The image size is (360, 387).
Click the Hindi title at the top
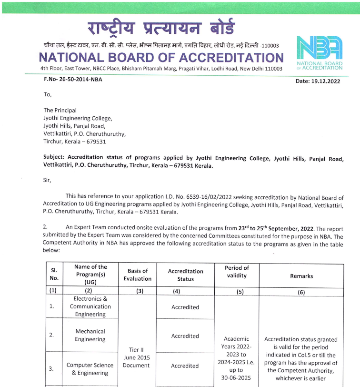(x=161, y=27)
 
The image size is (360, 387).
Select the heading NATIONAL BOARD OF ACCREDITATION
(x=161, y=58)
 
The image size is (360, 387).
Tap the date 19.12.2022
(x=319, y=81)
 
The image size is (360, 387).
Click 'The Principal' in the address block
(x=60, y=110)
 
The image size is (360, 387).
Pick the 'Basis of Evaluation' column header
(x=138, y=275)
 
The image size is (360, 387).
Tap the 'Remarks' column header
(x=301, y=276)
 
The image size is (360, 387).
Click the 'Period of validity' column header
(x=237, y=272)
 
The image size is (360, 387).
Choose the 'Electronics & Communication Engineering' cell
(x=90, y=306)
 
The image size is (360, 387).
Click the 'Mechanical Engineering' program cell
(x=90, y=335)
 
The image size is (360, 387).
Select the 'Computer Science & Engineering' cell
(x=90, y=369)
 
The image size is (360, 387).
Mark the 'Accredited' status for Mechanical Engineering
(x=185, y=336)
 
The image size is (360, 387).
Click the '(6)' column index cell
(x=301, y=292)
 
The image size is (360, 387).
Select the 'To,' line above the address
(x=48, y=94)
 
